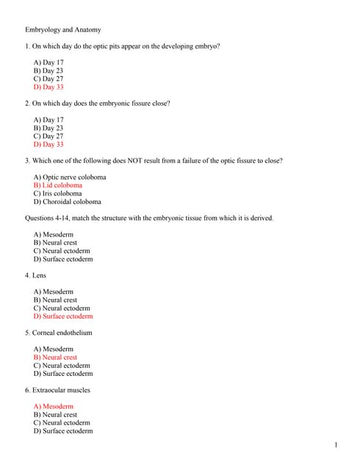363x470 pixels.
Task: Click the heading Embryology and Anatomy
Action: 63,30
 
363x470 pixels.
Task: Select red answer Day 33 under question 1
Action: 48,87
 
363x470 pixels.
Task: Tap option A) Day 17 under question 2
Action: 48,120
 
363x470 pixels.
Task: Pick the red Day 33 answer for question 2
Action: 48,144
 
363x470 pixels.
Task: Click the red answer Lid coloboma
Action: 58,185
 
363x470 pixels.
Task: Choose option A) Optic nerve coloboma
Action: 70,177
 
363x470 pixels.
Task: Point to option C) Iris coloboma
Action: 57,193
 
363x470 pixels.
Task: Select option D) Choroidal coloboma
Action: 68,201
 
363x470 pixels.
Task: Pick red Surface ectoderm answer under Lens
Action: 63,317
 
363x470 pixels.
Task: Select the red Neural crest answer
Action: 55,358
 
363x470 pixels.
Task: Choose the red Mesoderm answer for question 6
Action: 54,406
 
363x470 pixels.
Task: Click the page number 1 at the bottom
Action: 336,445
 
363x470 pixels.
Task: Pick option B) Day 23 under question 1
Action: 48,70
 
